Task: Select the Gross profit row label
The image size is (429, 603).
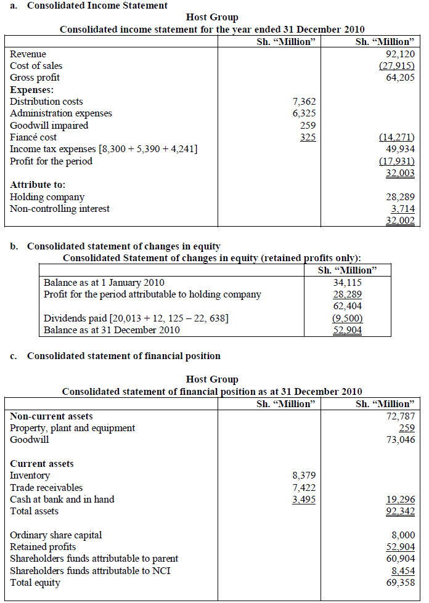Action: pos(35,78)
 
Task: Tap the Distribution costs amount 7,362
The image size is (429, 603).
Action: pos(304,102)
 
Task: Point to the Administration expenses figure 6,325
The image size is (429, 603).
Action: pos(304,113)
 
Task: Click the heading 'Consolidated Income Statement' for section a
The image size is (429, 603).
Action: pos(97,6)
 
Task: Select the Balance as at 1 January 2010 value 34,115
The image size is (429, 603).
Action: pos(348,282)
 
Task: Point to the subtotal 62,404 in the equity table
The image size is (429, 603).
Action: pos(348,306)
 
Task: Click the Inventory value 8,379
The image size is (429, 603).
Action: pos(304,476)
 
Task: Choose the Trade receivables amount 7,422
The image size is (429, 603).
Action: pos(304,487)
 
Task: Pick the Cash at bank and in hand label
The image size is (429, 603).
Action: pos(62,499)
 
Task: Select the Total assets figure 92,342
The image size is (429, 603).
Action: pos(400,511)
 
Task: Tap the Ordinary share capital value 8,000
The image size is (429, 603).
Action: pos(403,535)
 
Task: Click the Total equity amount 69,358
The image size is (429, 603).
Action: pos(400,583)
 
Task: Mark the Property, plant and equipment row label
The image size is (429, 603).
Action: pos(72,428)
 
